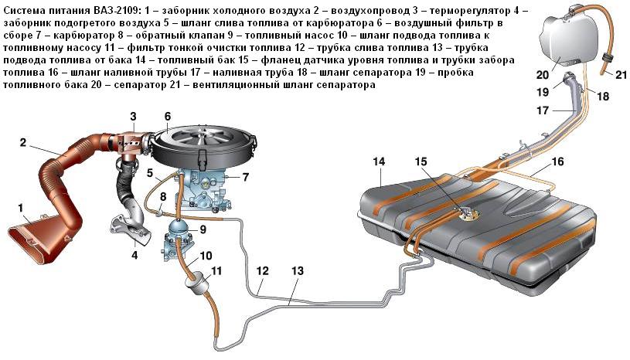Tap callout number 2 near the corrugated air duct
(23, 142)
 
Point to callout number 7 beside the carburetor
(245, 177)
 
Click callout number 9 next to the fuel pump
(203, 229)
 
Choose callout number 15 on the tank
(420, 161)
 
